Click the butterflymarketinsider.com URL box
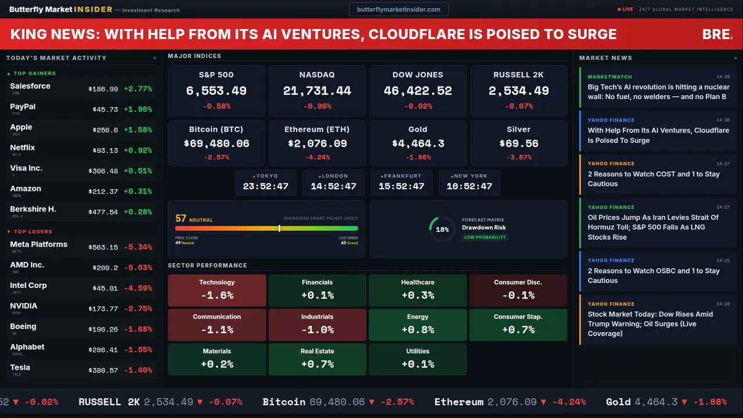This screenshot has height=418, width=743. (399, 9)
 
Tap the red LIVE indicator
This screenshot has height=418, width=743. (626, 9)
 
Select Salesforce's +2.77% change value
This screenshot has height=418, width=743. (138, 89)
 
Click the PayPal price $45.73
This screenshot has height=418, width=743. (105, 109)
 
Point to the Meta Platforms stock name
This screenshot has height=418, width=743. (39, 244)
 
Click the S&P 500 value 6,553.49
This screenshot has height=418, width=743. (216, 91)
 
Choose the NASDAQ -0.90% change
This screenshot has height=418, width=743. (317, 106)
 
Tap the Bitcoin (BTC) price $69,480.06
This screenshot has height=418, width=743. (216, 143)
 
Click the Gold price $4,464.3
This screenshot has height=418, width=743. (418, 143)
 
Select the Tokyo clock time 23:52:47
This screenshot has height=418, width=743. (265, 186)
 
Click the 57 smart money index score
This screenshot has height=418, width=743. (181, 218)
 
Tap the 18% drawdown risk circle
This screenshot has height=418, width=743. (442, 229)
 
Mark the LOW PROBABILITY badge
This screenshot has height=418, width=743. (485, 237)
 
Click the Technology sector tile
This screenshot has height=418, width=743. (217, 290)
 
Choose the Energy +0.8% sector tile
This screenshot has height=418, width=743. (417, 325)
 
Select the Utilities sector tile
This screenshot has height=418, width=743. (417, 359)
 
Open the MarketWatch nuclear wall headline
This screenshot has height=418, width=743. (658, 92)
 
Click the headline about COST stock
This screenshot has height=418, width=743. (654, 179)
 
